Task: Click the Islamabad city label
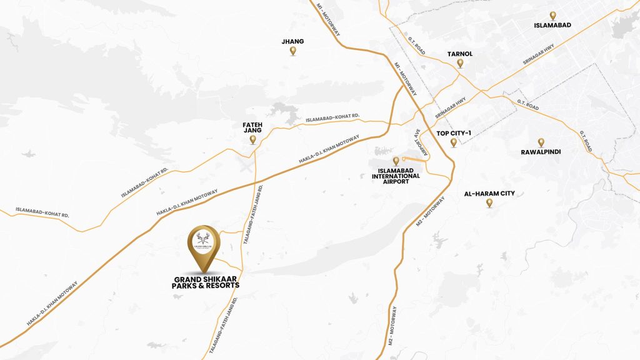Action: (553, 26)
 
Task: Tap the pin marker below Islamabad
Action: (552, 16)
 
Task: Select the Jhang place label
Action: (293, 41)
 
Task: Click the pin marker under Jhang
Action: (293, 51)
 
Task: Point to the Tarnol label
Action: (460, 54)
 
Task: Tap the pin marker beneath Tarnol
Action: (460, 63)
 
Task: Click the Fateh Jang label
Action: (252, 128)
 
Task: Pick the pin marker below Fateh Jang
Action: (252, 140)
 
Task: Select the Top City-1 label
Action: (454, 133)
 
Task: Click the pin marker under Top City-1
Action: (454, 142)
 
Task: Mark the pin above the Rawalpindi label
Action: (541, 142)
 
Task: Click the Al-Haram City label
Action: (489, 194)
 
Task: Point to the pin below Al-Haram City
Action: (489, 203)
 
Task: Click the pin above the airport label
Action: (396, 161)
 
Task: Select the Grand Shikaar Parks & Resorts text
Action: (205, 281)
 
